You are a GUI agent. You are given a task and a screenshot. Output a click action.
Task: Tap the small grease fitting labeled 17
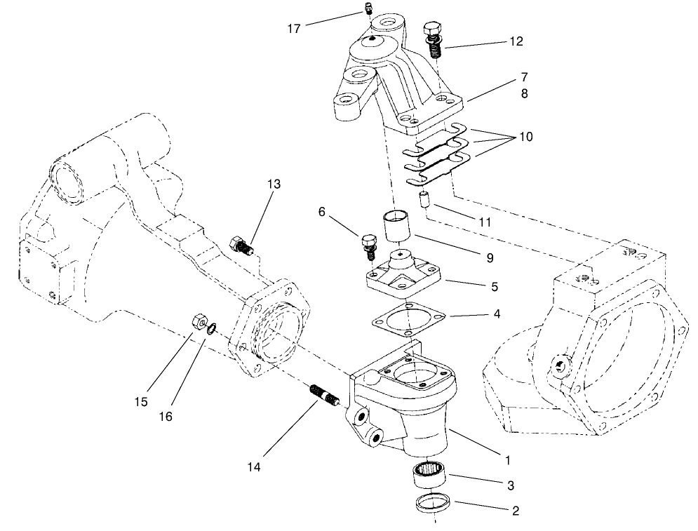click(366, 8)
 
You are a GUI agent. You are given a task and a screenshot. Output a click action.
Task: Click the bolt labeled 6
click(366, 244)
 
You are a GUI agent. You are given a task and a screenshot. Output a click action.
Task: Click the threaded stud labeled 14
click(325, 396)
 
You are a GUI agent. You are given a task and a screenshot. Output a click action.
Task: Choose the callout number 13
click(273, 184)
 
